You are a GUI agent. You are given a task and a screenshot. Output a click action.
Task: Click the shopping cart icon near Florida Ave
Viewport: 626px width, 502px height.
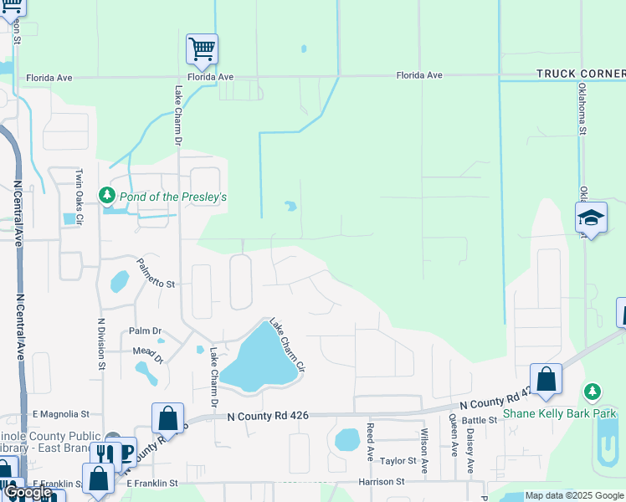click(202, 50)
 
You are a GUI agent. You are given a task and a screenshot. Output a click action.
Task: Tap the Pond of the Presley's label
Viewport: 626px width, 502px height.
click(173, 197)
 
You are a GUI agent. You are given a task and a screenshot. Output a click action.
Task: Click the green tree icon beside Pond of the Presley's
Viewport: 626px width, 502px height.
click(106, 196)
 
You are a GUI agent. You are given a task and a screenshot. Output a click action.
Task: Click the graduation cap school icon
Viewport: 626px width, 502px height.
click(591, 218)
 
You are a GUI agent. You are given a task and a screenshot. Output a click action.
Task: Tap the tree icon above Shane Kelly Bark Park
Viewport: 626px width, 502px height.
click(593, 392)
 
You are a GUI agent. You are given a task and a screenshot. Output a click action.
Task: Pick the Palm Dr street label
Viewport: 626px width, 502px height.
click(144, 331)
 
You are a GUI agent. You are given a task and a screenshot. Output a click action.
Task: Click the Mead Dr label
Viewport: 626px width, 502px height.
click(147, 352)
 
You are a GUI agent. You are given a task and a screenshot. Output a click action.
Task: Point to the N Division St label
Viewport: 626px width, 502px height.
click(101, 343)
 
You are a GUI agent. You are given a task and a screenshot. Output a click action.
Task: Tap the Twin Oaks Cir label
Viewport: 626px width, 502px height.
click(80, 198)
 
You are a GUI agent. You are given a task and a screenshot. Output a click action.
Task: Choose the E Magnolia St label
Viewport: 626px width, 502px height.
click(60, 413)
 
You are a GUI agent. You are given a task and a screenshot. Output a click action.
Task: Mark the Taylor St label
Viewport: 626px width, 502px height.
click(398, 461)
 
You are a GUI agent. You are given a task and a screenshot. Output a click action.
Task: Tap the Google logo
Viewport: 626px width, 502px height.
click(28, 492)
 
